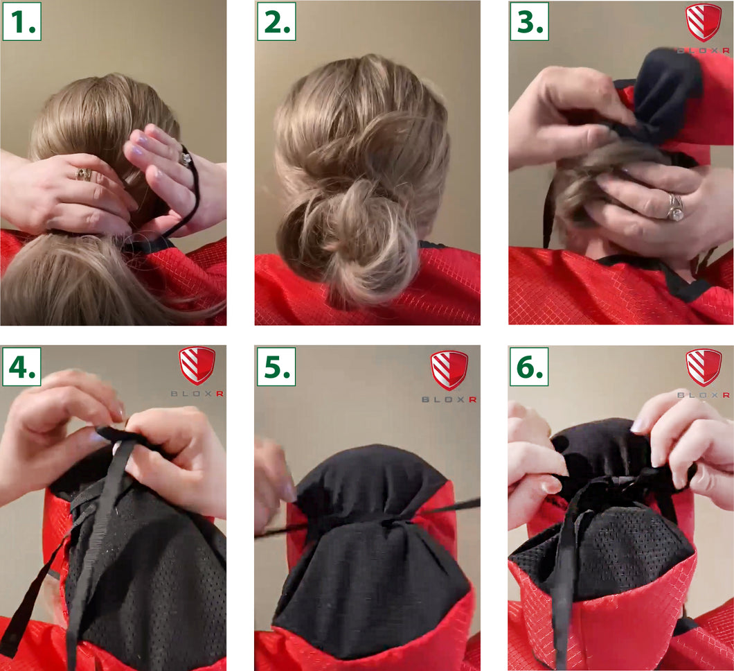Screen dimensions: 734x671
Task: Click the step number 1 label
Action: [21, 21]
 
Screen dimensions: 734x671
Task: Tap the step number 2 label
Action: [276, 21]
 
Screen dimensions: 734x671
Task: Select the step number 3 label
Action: [530, 21]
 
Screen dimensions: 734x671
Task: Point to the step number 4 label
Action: [21, 367]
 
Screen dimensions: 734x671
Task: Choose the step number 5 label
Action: [276, 367]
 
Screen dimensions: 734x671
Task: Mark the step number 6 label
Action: [530, 367]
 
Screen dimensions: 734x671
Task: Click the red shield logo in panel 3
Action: [703, 22]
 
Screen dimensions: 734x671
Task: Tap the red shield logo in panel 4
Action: [197, 366]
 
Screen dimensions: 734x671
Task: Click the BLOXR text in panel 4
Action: [197, 394]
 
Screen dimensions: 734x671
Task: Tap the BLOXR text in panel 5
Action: [449, 400]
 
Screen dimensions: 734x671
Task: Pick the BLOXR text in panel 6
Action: [704, 395]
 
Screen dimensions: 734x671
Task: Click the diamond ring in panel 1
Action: [186, 158]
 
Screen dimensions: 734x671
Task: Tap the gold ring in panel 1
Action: [83, 174]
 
